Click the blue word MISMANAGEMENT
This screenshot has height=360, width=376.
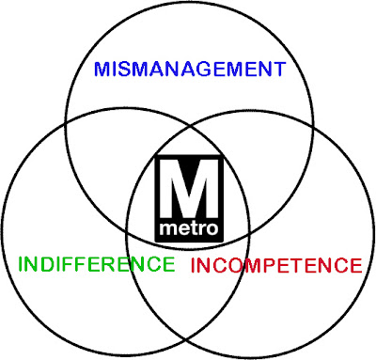point(190,70)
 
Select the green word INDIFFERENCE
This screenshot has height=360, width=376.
point(97,264)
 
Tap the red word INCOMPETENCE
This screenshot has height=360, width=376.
point(276,265)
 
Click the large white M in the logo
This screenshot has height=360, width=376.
point(189,189)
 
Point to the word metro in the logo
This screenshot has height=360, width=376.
point(189,228)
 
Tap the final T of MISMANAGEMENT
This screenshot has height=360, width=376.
point(279,70)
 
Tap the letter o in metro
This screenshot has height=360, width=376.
point(211,229)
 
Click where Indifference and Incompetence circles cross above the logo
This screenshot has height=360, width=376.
point(189,127)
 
